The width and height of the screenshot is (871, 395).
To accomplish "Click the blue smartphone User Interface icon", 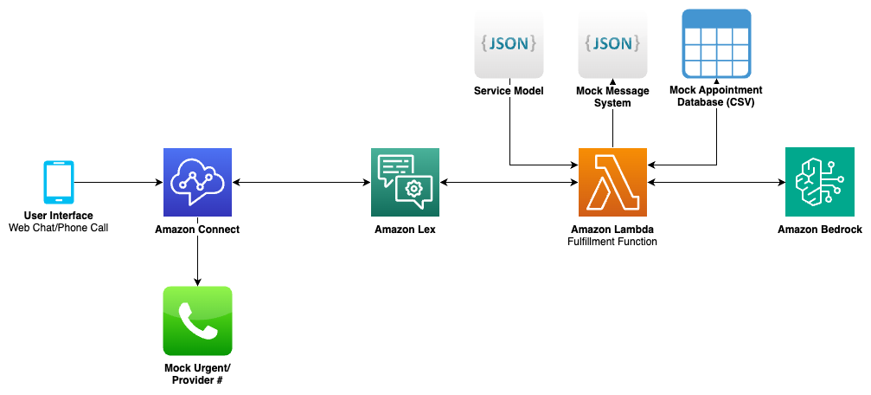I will click(x=59, y=183).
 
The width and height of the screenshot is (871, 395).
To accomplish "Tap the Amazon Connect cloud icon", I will click(x=197, y=182).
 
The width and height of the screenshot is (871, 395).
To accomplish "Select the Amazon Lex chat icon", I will click(x=405, y=182).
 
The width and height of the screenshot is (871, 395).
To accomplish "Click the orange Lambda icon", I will click(x=612, y=182).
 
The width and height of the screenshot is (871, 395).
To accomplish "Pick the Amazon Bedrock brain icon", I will click(x=819, y=182).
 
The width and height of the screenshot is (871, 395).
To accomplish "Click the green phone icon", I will click(x=197, y=321).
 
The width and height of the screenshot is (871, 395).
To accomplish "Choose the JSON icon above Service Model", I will click(x=509, y=43).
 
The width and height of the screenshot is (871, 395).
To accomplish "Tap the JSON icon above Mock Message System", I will click(x=612, y=43).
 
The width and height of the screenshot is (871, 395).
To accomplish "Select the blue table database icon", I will click(x=716, y=43).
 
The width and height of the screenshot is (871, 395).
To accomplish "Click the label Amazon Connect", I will click(x=197, y=230).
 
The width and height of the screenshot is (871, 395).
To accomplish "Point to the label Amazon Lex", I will click(x=405, y=230).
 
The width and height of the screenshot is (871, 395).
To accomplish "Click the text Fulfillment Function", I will click(x=613, y=242).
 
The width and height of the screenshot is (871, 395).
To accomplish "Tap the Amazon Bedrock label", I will click(x=819, y=230).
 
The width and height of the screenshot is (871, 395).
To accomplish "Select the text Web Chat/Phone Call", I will click(x=59, y=228).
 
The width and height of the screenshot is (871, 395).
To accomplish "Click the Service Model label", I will click(x=509, y=91).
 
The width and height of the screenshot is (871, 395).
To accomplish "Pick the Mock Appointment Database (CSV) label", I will click(x=716, y=96).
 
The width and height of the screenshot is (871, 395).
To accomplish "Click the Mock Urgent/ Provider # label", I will click(x=197, y=374).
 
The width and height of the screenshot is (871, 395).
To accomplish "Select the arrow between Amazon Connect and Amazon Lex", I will click(x=301, y=183).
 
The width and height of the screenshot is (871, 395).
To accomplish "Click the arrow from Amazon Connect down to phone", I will click(x=197, y=260).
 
